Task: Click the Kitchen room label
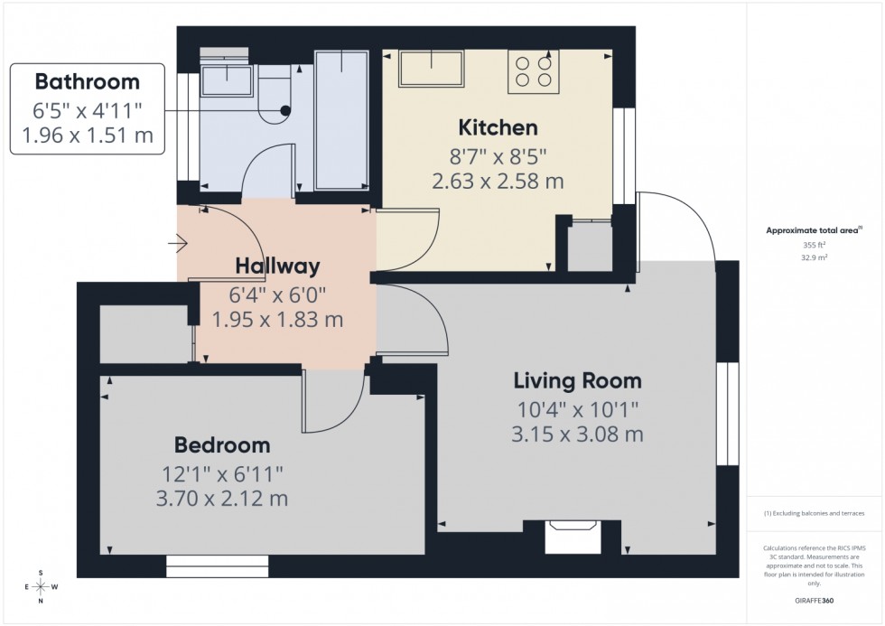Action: point(498,127)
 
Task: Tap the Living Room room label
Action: point(577,380)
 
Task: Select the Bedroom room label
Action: point(222,444)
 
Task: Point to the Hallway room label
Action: point(277,266)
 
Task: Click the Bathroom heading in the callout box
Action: point(87,82)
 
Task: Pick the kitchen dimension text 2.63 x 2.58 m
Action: point(498,181)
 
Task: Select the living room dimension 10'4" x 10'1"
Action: point(577,408)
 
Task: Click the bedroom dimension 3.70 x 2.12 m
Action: point(222,499)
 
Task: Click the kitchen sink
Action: point(433,69)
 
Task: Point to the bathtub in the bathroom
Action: point(341,119)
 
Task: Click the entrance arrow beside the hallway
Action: point(177,243)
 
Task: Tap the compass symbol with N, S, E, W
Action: point(41,586)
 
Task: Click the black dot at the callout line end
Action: point(286,110)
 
